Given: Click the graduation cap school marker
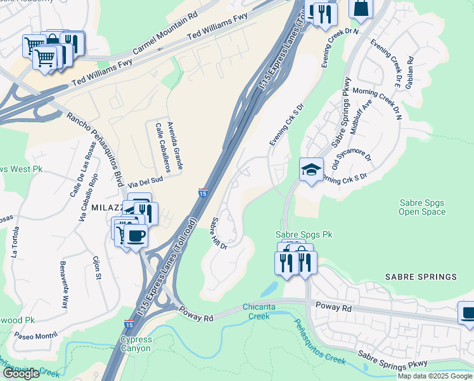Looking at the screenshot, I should [x=311, y=170].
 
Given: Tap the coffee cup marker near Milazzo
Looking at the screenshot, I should [x=135, y=236].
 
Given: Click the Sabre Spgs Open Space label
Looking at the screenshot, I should [x=422, y=207].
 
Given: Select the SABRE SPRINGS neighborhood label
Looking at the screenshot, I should [x=421, y=277].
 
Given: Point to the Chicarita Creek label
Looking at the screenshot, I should [x=259, y=311].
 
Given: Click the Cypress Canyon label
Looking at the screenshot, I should [x=136, y=344].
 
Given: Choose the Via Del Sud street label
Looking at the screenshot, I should [x=146, y=180].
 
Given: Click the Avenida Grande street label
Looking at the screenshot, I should [x=176, y=145].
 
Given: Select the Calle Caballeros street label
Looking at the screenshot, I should [x=163, y=148].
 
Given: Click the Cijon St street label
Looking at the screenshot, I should [x=97, y=267].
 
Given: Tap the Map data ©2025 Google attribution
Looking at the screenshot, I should [x=435, y=376].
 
